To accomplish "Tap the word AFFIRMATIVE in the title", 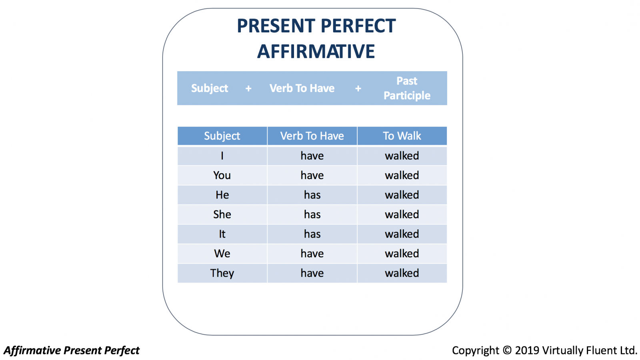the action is tap(316, 52).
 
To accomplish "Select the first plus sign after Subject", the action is tap(248, 88).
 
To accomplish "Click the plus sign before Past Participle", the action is tap(358, 88).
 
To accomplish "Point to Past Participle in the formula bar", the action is tap(407, 88).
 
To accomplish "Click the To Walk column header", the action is tap(402, 136).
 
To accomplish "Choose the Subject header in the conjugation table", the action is tap(222, 136).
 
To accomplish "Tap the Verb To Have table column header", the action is tap(312, 136).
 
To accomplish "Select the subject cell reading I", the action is tap(222, 156).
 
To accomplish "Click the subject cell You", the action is tap(222, 175).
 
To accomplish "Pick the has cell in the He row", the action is tap(312, 195).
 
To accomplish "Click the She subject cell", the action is tap(222, 214).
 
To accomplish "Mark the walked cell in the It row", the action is tap(402, 234).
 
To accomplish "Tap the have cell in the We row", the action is tap(312, 254).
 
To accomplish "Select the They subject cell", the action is tap(222, 273).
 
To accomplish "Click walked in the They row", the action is tap(402, 273).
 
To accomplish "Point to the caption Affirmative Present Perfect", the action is tap(72, 350).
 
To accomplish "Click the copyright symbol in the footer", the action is tap(507, 350).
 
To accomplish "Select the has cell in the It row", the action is tap(312, 234).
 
